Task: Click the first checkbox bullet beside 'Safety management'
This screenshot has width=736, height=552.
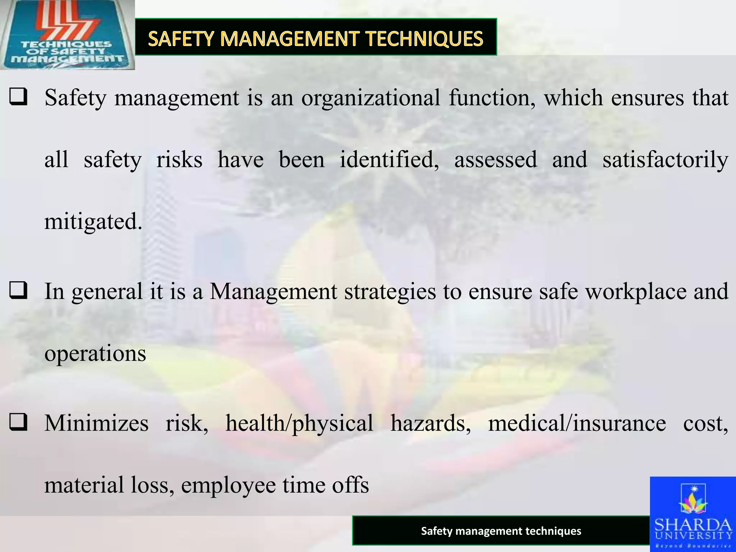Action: [19, 97]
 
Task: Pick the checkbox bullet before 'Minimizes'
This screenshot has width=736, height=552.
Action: [19, 423]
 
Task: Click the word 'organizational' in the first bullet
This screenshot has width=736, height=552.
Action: [371, 98]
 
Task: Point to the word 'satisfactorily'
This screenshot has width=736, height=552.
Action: [665, 160]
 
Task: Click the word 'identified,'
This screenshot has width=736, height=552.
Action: [389, 160]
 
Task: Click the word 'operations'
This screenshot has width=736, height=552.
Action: [95, 354]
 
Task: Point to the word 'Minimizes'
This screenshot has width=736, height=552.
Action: [96, 423]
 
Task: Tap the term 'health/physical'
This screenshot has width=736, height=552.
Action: [299, 423]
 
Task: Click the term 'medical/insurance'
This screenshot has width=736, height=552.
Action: [577, 423]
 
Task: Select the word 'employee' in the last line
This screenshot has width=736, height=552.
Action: [228, 485]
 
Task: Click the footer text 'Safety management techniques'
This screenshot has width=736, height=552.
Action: [501, 531]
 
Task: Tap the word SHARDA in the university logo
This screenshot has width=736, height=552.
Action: [693, 525]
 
